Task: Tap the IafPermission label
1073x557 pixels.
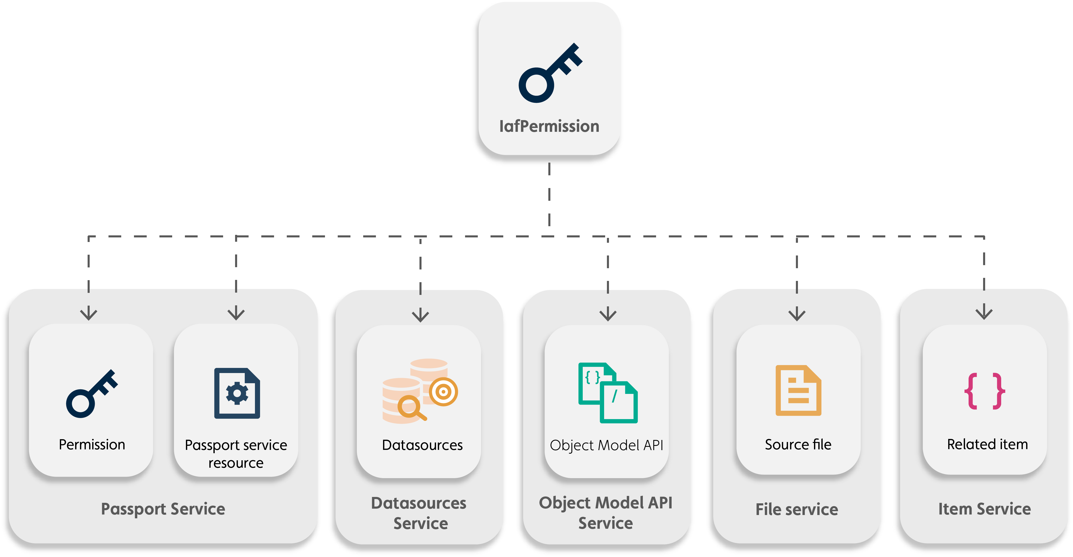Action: pyautogui.click(x=549, y=126)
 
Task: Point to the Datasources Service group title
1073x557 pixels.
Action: pyautogui.click(x=419, y=513)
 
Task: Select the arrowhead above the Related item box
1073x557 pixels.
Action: pyautogui.click(x=984, y=313)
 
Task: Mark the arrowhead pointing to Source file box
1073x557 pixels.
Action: pyautogui.click(x=797, y=315)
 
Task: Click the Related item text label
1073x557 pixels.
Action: pyautogui.click(x=987, y=445)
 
